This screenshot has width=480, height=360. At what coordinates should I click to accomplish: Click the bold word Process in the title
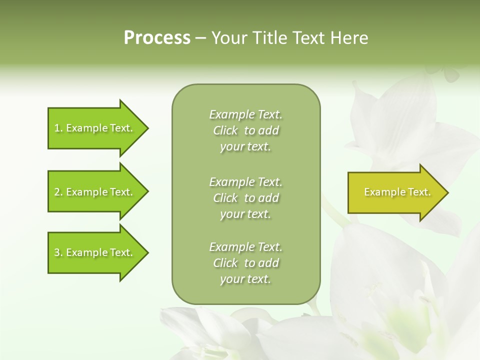point(157,38)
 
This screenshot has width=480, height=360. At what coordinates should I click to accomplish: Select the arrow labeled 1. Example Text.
point(95,128)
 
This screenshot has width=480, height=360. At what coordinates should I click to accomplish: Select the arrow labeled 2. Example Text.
point(95,192)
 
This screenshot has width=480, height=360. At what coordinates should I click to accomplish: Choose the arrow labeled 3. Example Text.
point(95,252)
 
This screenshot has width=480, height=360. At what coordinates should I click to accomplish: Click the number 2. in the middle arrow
point(58,192)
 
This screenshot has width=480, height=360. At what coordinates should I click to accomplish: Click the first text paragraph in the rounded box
point(245,130)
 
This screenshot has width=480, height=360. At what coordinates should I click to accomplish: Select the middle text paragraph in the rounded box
point(245,198)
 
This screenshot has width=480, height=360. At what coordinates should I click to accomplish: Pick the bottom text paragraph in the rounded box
point(245,263)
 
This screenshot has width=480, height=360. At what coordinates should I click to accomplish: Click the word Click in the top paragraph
point(225,130)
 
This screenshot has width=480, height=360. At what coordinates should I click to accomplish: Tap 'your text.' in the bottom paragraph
point(245,279)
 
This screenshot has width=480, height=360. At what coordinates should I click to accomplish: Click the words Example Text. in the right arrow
point(397,192)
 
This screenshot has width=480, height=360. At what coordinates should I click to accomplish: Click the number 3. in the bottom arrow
point(58,252)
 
